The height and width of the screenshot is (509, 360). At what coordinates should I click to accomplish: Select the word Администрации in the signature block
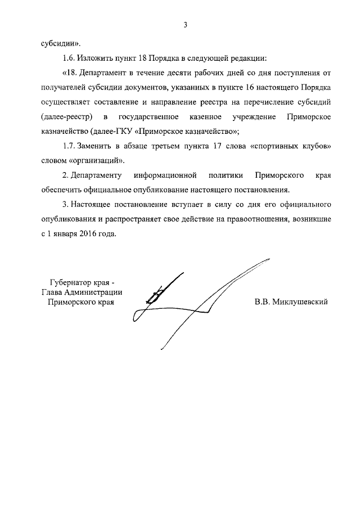click(93, 291)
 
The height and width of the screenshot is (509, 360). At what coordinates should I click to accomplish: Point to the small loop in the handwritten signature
click(153, 295)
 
